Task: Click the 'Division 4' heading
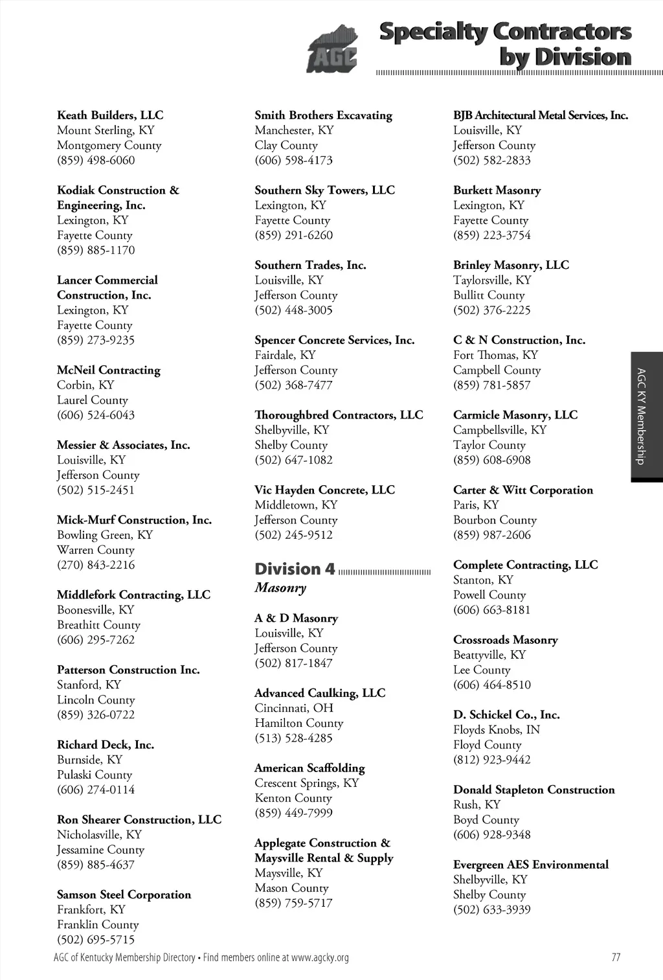pyautogui.click(x=295, y=569)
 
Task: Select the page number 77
pyautogui.click(x=616, y=957)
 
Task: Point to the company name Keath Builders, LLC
pyautogui.click(x=110, y=115)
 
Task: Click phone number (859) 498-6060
pyautogui.click(x=96, y=160)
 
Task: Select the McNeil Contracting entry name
pyautogui.click(x=108, y=370)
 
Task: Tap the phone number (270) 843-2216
pyautogui.click(x=96, y=565)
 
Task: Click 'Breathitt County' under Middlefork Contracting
pyautogui.click(x=98, y=625)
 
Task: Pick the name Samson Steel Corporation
pyautogui.click(x=124, y=895)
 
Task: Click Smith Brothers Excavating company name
pyautogui.click(x=323, y=115)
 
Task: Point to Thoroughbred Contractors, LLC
pyautogui.click(x=339, y=415)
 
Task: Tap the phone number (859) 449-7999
pyautogui.click(x=293, y=813)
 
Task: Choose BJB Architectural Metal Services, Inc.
pyautogui.click(x=541, y=115)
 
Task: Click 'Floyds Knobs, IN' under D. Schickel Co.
pyautogui.click(x=497, y=730)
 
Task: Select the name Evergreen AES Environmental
pyautogui.click(x=531, y=865)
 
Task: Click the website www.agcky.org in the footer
pyautogui.click(x=320, y=957)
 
